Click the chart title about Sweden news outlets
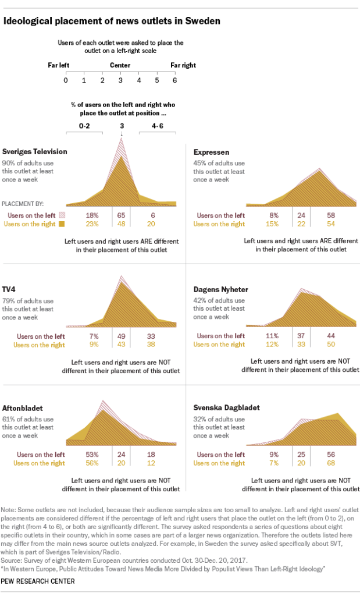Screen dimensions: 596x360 pyautogui.click(x=112, y=22)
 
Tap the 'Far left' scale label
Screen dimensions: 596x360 pyautogui.click(x=59, y=65)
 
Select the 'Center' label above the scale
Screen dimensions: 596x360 pyautogui.click(x=120, y=65)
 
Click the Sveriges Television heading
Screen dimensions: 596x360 pyautogui.click(x=35, y=151)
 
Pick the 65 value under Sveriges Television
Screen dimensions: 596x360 pyautogui.click(x=120, y=215)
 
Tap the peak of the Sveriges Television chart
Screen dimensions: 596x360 pyautogui.click(x=121, y=139)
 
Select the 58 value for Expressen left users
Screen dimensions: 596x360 pyautogui.click(x=332, y=215)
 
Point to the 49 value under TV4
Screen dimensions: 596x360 pyautogui.click(x=120, y=336)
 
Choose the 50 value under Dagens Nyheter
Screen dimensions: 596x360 pyautogui.click(x=332, y=344)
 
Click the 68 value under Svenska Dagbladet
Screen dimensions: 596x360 pyautogui.click(x=332, y=463)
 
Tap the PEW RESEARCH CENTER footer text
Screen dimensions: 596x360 pyautogui.click(x=37, y=581)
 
